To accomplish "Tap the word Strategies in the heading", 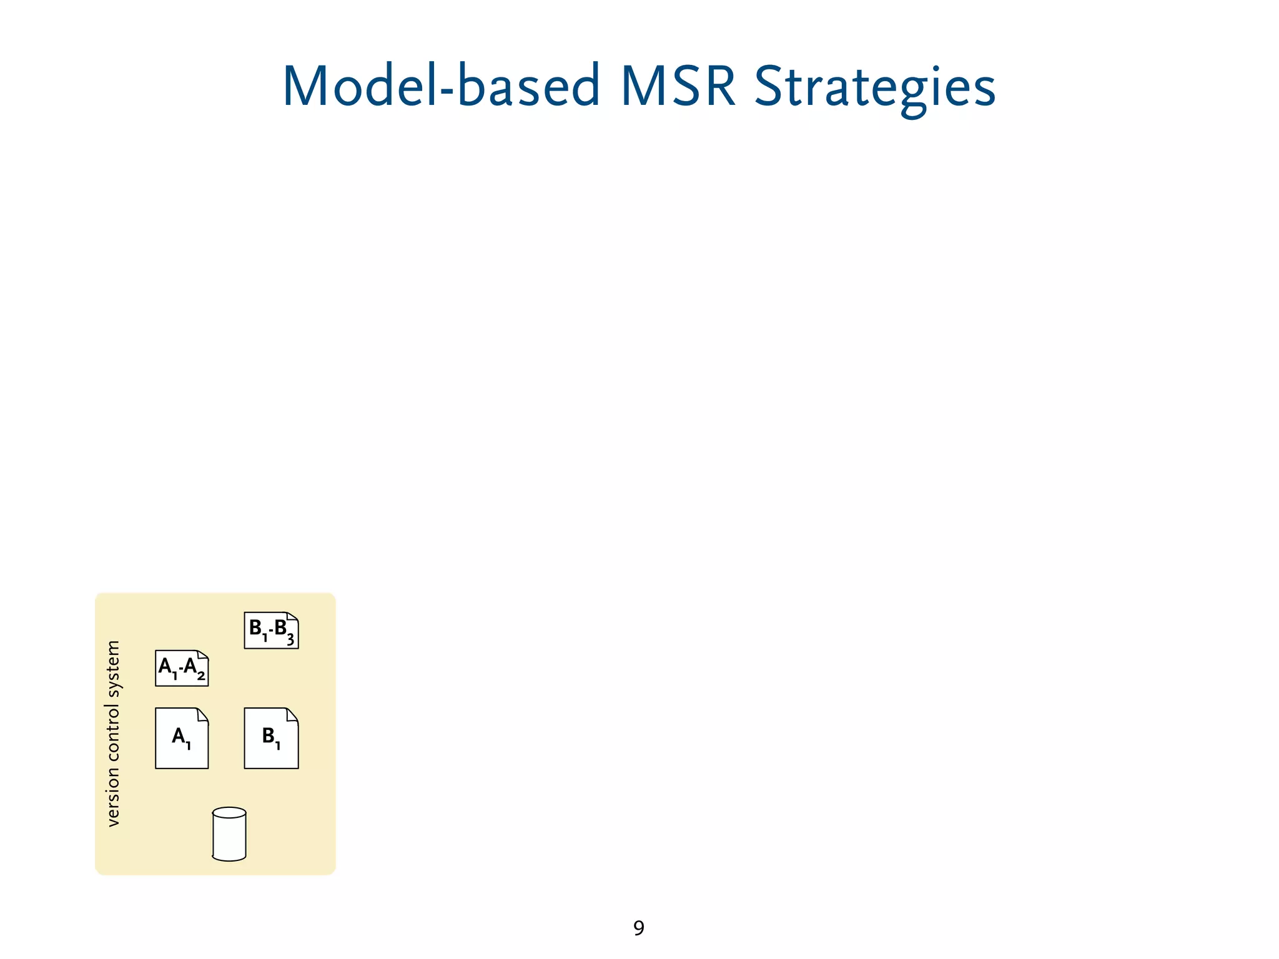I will pyautogui.click(x=875, y=87).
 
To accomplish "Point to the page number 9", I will pyautogui.click(x=639, y=928).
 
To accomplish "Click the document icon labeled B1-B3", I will pyautogui.click(x=271, y=631).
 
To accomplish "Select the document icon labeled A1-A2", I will pyautogui.click(x=182, y=668).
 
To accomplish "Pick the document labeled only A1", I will pyautogui.click(x=182, y=739).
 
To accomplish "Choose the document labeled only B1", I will pyautogui.click(x=271, y=739).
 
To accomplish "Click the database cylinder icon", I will pyautogui.click(x=229, y=835).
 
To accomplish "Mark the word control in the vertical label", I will pyautogui.click(x=113, y=733).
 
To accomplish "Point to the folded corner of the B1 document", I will pyautogui.click(x=292, y=714).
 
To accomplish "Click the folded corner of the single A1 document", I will pyautogui.click(x=202, y=714).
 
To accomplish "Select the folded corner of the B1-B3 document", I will pyautogui.click(x=292, y=617).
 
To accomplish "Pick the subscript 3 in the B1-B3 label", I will pyautogui.click(x=290, y=639).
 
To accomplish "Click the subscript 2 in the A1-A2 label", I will pyautogui.click(x=201, y=676).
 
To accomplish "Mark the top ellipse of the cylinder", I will pyautogui.click(x=229, y=813).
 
